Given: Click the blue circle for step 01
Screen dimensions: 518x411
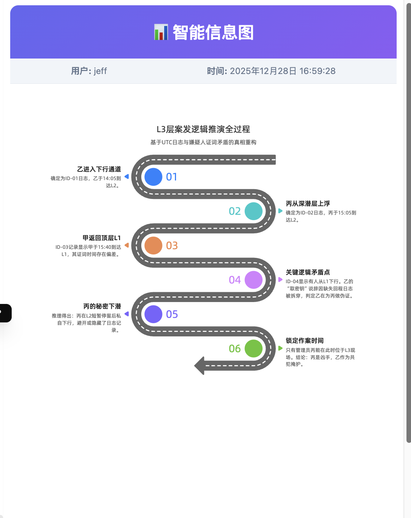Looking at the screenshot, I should (x=153, y=177).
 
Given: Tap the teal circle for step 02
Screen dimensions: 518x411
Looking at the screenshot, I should (x=253, y=211).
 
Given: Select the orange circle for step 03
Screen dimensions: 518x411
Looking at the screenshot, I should (x=153, y=245).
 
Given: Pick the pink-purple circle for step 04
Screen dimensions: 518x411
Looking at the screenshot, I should (x=253, y=280).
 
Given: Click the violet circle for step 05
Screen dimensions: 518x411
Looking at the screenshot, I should (x=153, y=314).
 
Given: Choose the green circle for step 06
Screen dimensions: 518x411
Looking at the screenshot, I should (x=253, y=348).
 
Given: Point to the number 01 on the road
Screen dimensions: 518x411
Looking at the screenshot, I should (x=172, y=177).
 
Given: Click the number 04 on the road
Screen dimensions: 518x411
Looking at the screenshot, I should (x=235, y=280).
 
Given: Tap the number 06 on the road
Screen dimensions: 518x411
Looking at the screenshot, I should (x=235, y=348).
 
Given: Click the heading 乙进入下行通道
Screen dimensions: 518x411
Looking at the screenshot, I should (x=99, y=169).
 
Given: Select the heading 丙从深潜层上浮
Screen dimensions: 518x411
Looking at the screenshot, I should (x=308, y=203).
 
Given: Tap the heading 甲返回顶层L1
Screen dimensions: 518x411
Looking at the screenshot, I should (x=102, y=238).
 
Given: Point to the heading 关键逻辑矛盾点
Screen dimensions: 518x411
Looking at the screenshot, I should (x=308, y=272).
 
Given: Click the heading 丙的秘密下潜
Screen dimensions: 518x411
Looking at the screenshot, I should (x=102, y=306).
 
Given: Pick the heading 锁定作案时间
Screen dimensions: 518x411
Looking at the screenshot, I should (x=304, y=341).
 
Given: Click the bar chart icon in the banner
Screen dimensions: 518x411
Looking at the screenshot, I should (x=161, y=32).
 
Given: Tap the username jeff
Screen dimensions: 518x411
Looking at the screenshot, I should (x=100, y=71).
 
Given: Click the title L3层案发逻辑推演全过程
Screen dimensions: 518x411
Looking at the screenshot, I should (x=203, y=129).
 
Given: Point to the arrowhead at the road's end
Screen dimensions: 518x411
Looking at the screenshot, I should (x=199, y=365).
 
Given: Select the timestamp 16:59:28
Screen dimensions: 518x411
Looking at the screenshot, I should (x=317, y=71).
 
